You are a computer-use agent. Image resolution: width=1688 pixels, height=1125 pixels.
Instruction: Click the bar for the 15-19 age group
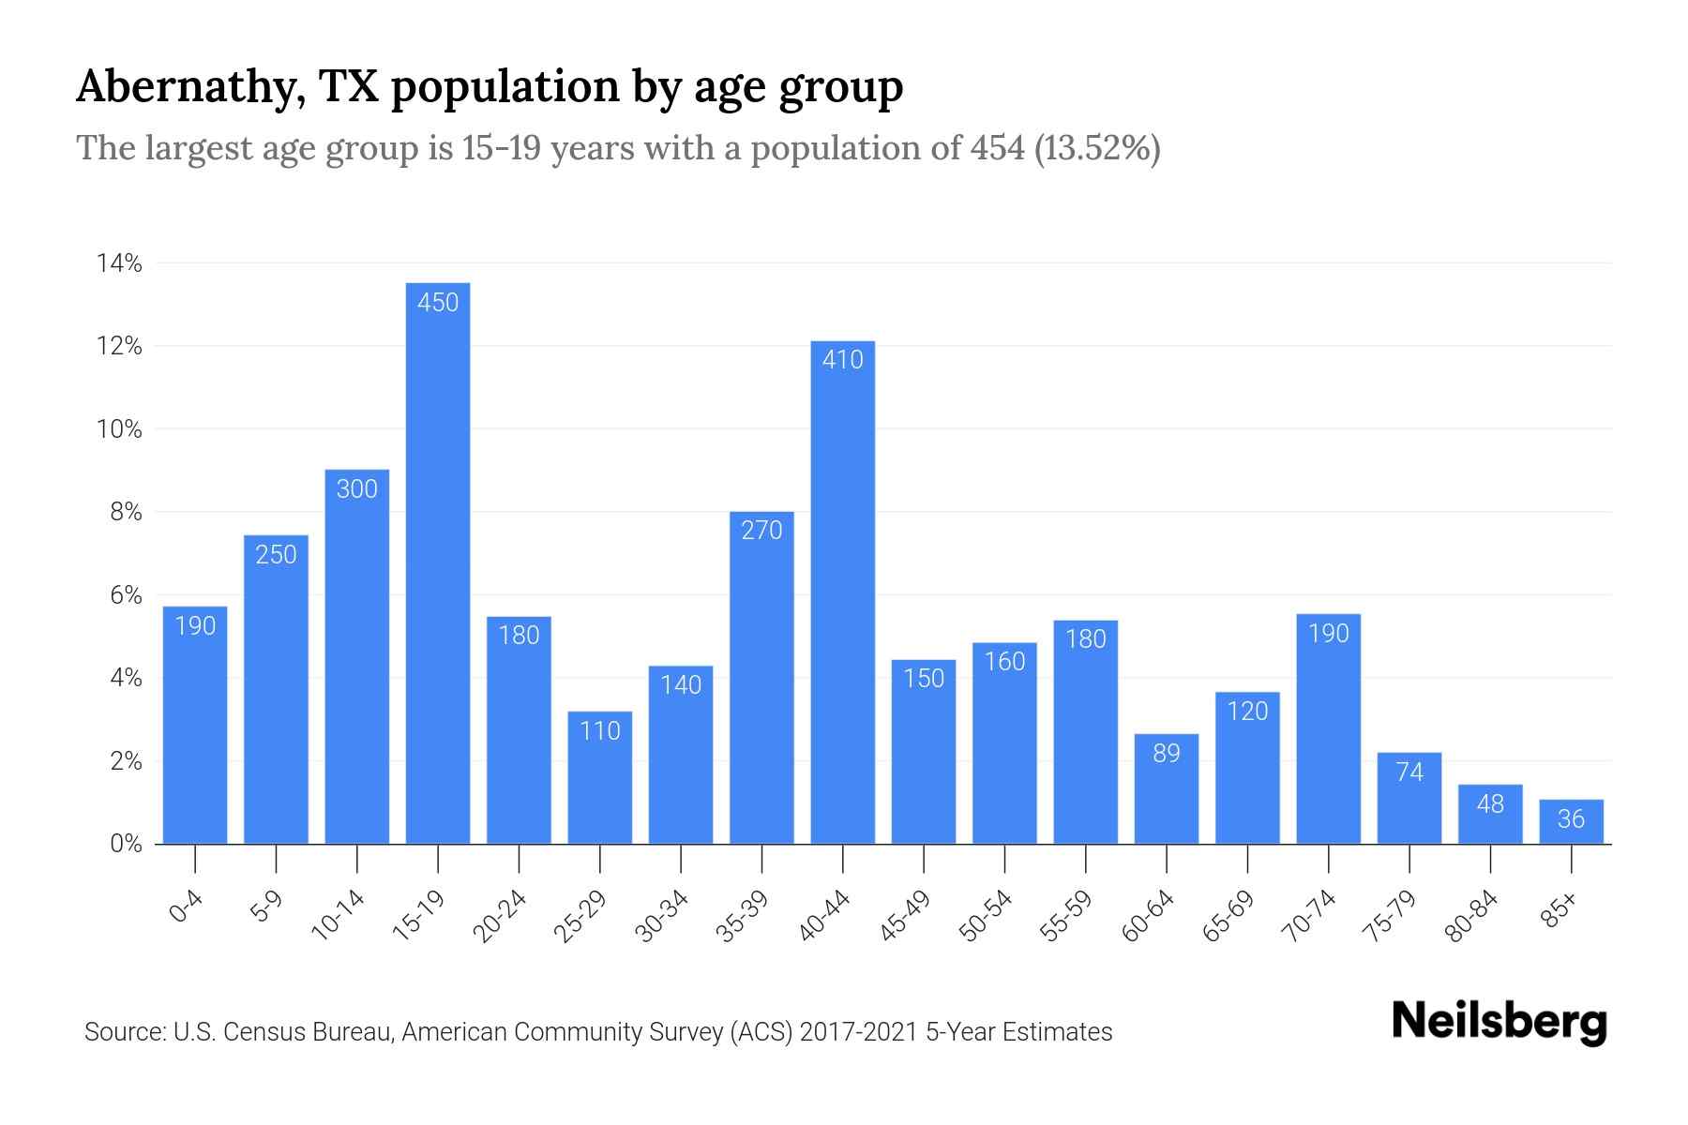click(x=438, y=562)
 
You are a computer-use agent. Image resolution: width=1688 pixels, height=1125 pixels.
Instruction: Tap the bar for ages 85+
click(x=1571, y=822)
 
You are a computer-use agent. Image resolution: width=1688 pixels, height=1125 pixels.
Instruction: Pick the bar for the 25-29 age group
click(x=599, y=778)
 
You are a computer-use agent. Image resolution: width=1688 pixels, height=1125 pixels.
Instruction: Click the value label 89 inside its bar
click(x=1166, y=753)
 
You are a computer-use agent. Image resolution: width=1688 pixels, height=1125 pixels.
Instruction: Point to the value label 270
click(x=761, y=531)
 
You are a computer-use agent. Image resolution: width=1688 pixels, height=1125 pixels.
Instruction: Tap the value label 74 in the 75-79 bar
click(x=1409, y=772)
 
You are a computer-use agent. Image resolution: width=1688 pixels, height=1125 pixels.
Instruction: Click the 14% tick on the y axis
click(x=119, y=263)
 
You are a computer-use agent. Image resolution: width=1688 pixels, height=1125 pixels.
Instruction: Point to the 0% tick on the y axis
click(x=126, y=844)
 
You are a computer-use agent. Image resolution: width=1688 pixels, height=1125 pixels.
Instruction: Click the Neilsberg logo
click(x=1499, y=1022)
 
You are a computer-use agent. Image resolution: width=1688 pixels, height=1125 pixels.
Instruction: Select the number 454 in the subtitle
click(x=998, y=148)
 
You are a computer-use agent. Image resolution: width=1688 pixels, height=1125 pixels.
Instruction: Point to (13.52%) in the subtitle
click(x=1097, y=148)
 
